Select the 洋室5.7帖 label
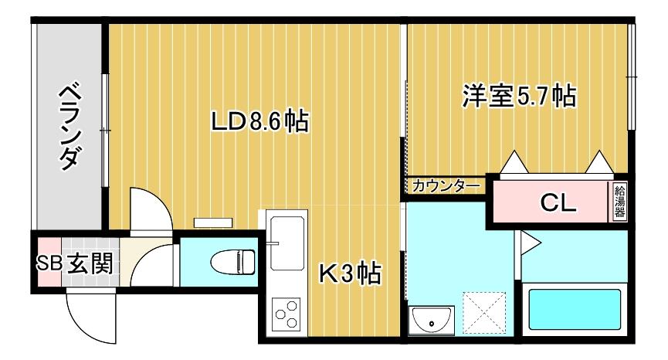tap(519, 96)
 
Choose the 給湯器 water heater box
tap(619, 202)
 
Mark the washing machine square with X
tap(484, 314)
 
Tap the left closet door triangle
tap(514, 161)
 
